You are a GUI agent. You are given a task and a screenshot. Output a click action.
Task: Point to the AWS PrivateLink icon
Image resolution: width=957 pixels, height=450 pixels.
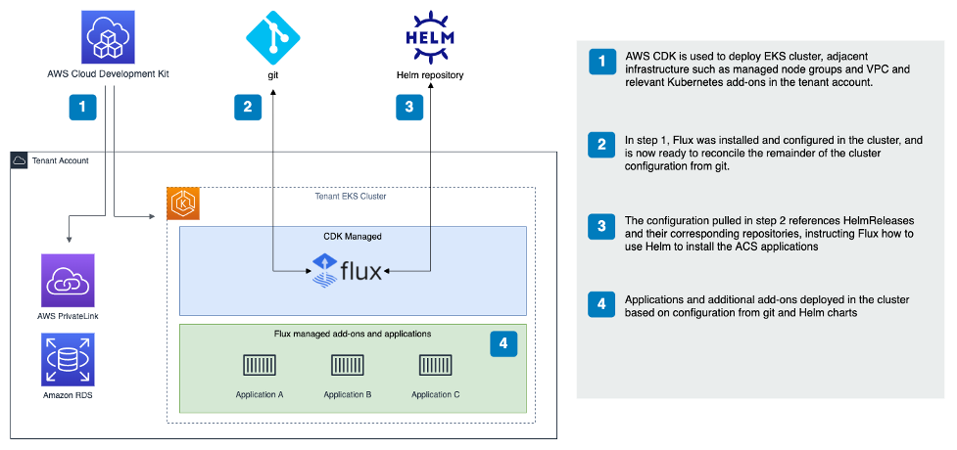(68, 281)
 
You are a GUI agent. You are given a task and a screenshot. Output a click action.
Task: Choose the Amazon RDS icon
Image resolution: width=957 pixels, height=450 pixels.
(68, 360)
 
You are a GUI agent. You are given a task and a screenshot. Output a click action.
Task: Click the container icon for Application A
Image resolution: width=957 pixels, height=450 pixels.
(260, 366)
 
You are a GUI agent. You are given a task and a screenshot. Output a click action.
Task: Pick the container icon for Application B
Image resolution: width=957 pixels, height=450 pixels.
(348, 366)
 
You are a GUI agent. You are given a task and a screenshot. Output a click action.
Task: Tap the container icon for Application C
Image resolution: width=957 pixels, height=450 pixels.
(436, 366)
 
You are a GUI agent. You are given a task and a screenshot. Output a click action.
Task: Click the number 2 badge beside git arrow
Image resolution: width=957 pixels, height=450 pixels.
(248, 106)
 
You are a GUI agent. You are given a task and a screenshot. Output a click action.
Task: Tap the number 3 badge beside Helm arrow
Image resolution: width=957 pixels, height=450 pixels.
(409, 106)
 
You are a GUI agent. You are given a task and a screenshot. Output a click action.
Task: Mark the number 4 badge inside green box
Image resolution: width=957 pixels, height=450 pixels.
(502, 343)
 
